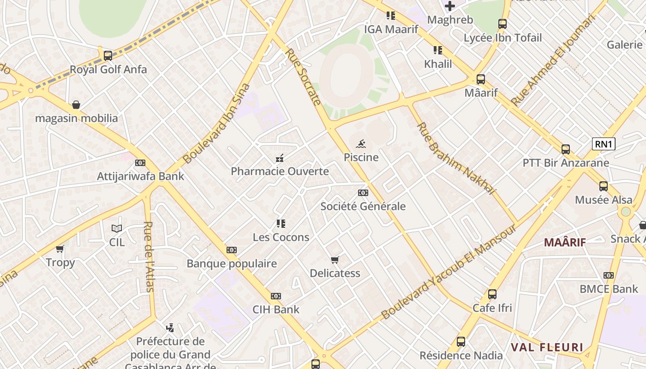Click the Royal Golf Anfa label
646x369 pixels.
click(x=108, y=70)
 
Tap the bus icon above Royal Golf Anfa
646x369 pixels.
click(x=108, y=56)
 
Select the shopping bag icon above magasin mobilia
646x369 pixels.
click(x=76, y=105)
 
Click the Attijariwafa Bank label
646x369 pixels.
click(x=140, y=176)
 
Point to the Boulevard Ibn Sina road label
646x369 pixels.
click(x=216, y=123)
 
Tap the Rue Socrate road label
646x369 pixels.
click(x=303, y=77)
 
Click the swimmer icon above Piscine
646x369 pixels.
click(x=361, y=143)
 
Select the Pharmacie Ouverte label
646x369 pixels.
click(x=280, y=172)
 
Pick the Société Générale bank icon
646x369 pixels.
click(x=363, y=193)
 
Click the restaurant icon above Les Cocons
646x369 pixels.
click(x=281, y=224)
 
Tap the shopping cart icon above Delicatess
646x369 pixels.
click(x=335, y=260)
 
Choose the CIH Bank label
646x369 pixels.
click(x=276, y=309)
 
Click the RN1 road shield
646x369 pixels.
click(x=604, y=144)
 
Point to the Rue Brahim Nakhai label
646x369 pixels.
click(x=456, y=158)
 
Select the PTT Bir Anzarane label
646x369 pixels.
click(x=566, y=163)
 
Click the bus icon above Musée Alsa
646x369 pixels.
click(x=604, y=186)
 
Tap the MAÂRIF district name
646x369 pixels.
click(x=565, y=242)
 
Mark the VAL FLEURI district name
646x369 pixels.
click(x=547, y=347)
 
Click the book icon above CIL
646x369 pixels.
click(x=117, y=228)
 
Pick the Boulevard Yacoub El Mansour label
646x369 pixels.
click(x=448, y=272)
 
